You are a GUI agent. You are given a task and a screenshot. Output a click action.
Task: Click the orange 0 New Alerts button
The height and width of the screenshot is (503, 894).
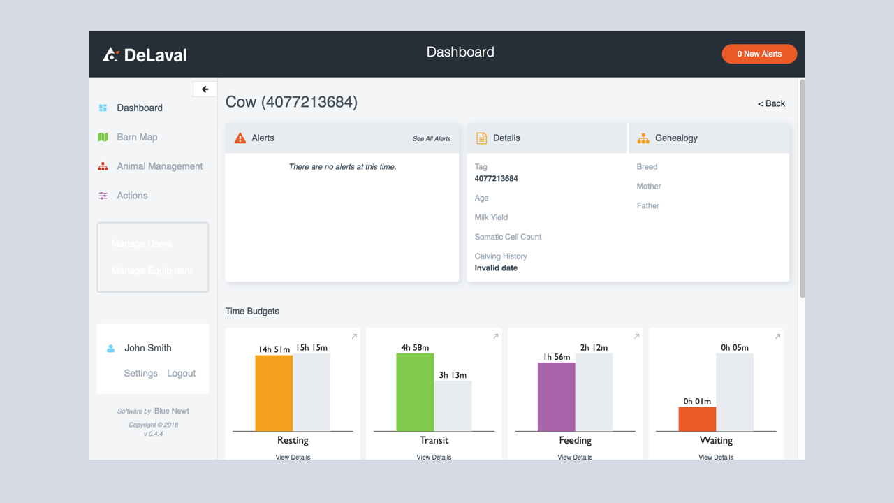[x=759, y=54]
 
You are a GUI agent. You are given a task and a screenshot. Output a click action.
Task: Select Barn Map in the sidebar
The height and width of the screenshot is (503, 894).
[x=137, y=137]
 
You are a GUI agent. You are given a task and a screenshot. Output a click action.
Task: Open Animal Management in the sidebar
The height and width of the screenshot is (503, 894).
[x=159, y=166]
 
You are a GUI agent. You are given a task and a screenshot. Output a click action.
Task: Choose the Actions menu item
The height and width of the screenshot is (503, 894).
[x=132, y=196]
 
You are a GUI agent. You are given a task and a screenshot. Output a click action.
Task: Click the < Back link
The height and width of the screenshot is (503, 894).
[x=771, y=103]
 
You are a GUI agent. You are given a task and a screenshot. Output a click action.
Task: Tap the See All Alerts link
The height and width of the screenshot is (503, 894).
[x=431, y=138]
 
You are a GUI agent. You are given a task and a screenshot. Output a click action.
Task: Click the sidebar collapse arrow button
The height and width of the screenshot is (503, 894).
[x=205, y=89]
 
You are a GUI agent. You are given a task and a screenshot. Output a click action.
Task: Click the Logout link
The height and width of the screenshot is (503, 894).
[x=181, y=373]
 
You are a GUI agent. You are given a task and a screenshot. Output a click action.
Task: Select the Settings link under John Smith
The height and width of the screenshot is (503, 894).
[x=140, y=373]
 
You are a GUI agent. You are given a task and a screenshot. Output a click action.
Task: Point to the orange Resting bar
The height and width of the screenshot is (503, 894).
[x=274, y=393]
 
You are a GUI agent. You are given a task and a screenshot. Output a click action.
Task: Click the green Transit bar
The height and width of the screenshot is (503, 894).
[x=415, y=392]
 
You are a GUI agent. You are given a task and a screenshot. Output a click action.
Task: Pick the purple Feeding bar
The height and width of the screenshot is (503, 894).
[x=556, y=397]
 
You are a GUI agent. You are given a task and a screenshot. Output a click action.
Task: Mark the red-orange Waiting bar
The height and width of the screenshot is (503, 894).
[x=697, y=419]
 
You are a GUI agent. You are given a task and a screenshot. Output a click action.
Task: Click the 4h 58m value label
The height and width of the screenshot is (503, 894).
[x=415, y=347]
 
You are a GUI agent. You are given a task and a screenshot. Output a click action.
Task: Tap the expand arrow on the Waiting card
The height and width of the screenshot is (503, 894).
[x=777, y=337]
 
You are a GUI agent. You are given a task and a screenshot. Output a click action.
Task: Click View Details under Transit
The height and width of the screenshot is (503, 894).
[x=434, y=457]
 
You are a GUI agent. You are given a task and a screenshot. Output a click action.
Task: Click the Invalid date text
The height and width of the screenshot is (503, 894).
[x=496, y=268]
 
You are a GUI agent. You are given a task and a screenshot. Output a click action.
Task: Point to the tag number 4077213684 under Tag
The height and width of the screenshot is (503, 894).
[x=496, y=179]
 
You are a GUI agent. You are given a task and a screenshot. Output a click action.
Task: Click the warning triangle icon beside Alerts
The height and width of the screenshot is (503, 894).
[x=240, y=138]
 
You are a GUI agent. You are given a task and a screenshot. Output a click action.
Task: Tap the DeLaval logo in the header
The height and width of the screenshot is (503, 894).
[x=145, y=54]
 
